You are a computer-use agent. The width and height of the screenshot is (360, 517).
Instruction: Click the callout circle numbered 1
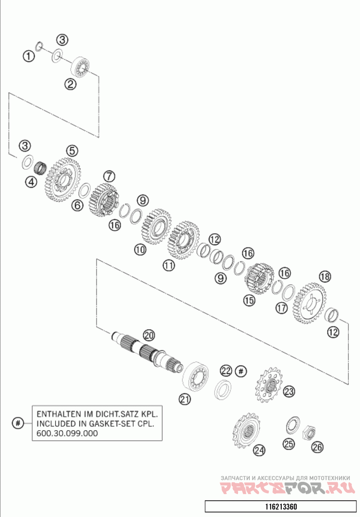[29, 56]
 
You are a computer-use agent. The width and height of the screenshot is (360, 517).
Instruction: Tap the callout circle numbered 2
[69, 83]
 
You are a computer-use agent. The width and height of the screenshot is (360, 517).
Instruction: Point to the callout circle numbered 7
[109, 176]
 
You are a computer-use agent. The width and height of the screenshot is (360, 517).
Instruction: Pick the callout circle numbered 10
[140, 249]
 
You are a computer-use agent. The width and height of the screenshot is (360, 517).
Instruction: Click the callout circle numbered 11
[168, 266]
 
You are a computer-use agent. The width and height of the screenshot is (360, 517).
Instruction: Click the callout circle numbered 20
[148, 335]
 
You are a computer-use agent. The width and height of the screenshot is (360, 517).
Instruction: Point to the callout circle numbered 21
[184, 398]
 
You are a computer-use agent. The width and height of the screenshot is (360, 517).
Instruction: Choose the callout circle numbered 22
[226, 371]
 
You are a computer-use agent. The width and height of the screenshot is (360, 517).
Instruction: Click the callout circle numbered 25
[288, 444]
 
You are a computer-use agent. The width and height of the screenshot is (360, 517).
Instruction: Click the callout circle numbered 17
[282, 308]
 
